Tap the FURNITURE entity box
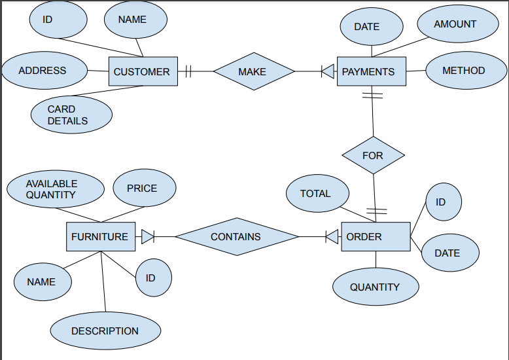pos(101,236)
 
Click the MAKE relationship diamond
pos(253,71)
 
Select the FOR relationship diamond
pos(373,155)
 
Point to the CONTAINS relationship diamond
pos(236,236)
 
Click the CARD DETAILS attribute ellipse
pos(71,115)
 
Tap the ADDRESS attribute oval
pos(44,71)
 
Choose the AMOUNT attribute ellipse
pos(455,24)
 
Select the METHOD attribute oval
pos(464,71)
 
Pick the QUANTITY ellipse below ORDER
pos(375,287)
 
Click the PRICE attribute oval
pos(143,189)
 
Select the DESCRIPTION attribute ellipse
pos(105,331)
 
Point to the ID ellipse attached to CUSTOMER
pos(58,20)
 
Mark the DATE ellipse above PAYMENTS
pos(370,27)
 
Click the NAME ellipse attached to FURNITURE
pos(43,281)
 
